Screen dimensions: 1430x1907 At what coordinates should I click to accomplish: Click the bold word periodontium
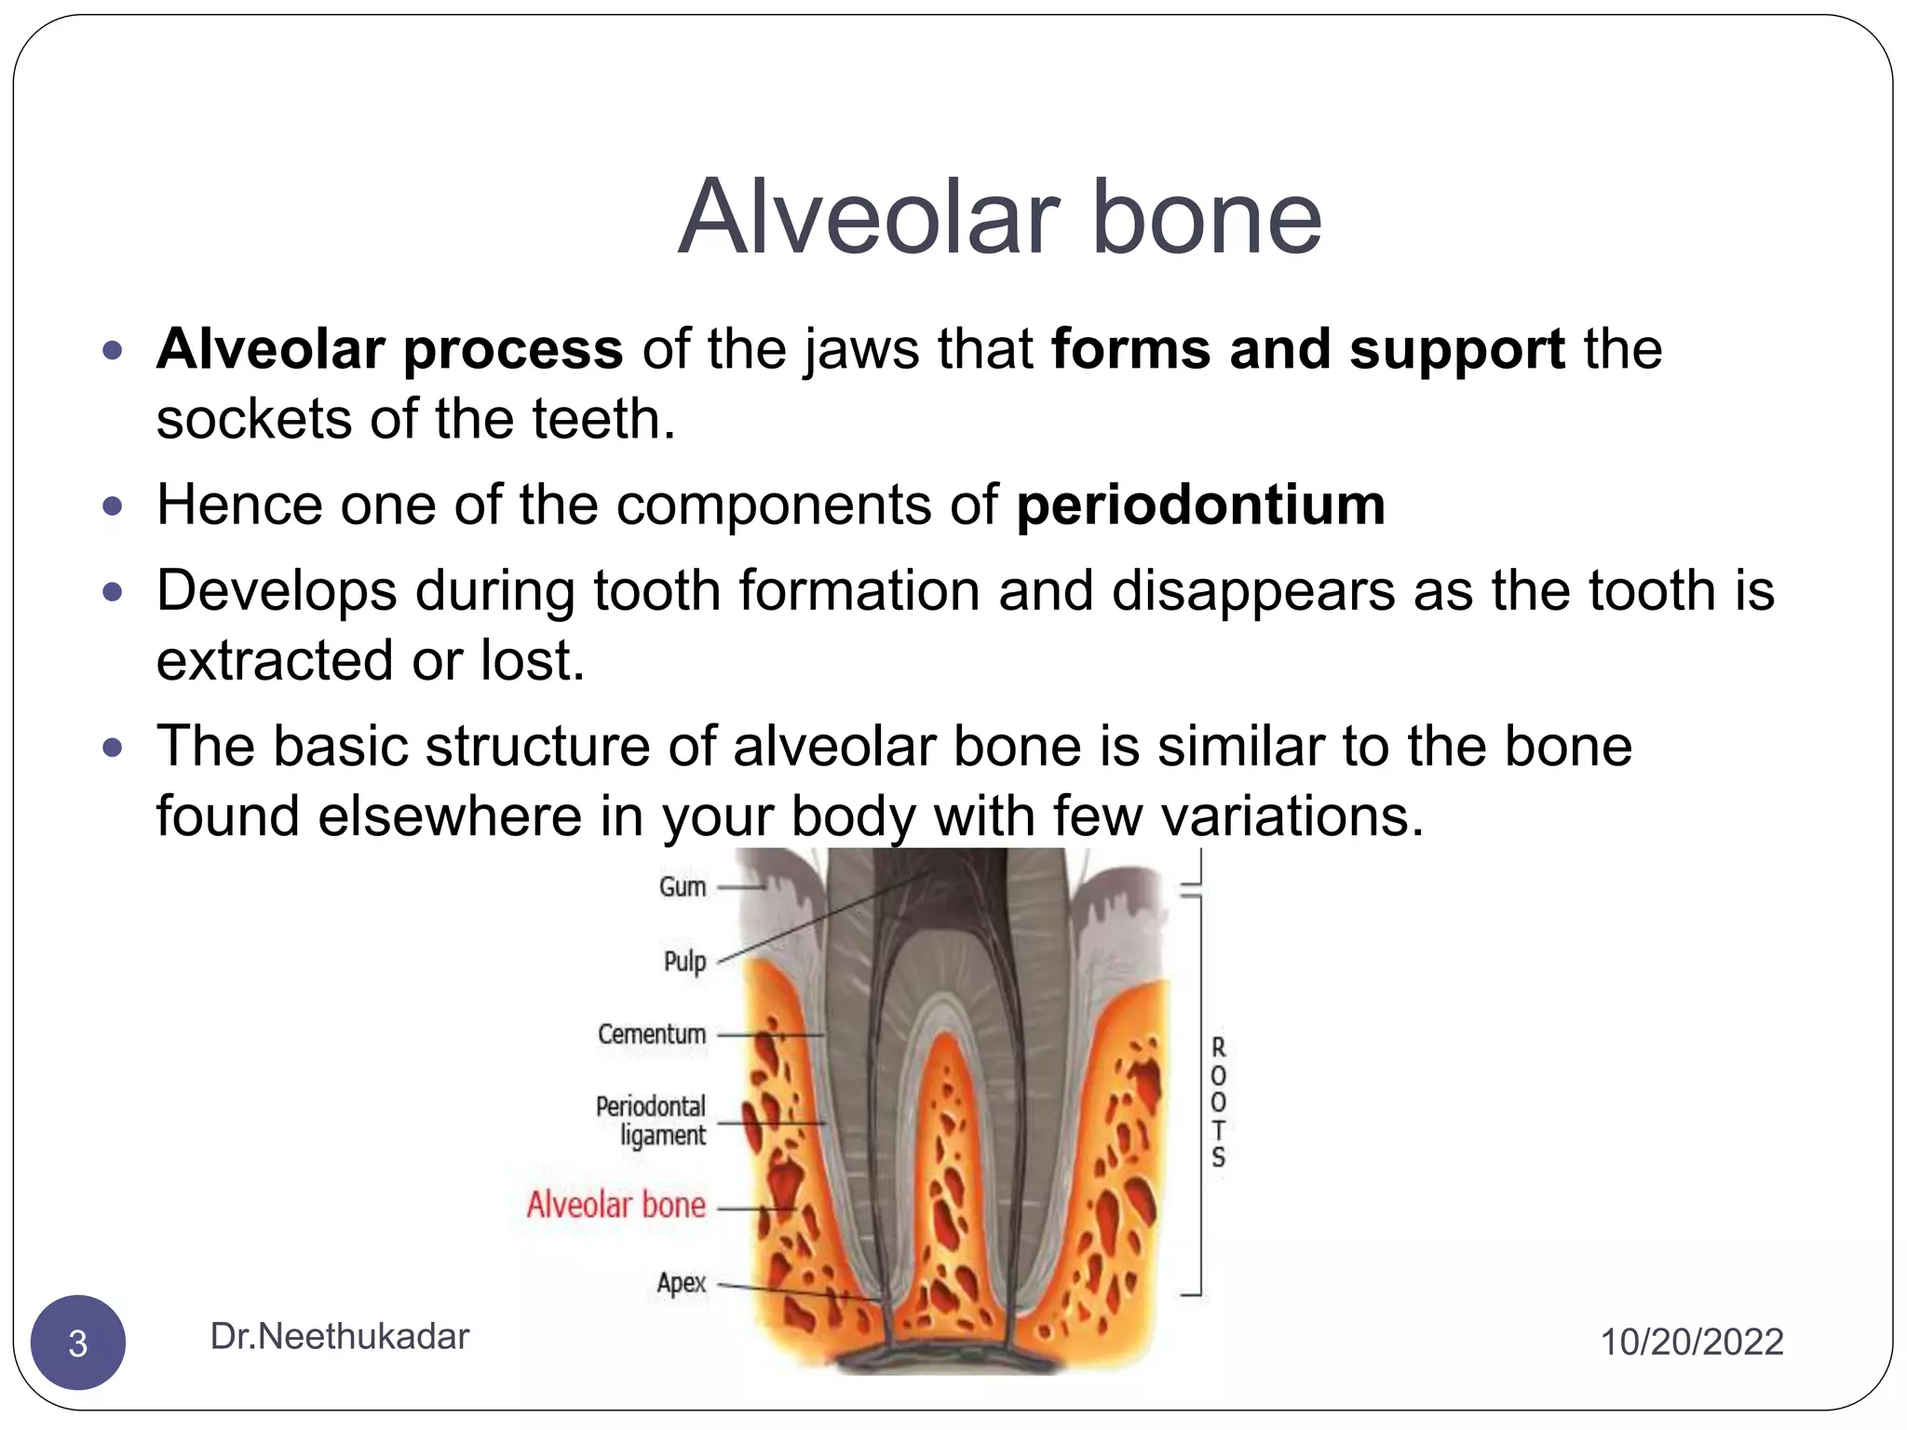tap(1200, 506)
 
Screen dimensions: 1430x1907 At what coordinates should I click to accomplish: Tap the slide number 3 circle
tap(78, 1342)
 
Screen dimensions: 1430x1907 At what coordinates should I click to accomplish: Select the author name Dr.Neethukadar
tap(339, 1336)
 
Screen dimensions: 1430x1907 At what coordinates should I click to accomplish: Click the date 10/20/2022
tap(1691, 1342)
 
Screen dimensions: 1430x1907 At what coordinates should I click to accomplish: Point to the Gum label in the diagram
tap(683, 887)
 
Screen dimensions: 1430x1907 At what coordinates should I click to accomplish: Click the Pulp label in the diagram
tap(684, 961)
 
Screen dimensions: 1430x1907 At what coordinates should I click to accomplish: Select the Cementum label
tap(652, 1034)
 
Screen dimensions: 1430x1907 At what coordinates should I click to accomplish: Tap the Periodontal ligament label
tap(652, 1121)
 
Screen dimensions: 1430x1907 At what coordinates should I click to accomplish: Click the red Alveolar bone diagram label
tap(616, 1205)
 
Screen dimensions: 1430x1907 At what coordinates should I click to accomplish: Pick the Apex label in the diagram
tap(681, 1283)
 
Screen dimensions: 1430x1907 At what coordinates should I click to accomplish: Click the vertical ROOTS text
tap(1218, 1102)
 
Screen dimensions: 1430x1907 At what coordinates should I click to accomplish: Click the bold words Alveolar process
tap(389, 349)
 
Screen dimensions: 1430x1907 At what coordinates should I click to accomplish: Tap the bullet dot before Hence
tap(113, 506)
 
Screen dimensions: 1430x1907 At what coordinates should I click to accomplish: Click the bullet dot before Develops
tap(113, 591)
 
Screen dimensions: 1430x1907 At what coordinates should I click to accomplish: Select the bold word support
tap(1456, 349)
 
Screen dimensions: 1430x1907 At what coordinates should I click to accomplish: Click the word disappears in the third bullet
tap(1253, 591)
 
